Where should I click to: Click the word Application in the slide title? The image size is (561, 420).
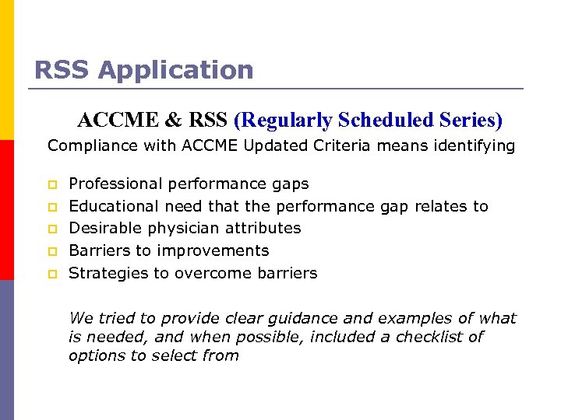point(175,70)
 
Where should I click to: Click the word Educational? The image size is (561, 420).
point(114,206)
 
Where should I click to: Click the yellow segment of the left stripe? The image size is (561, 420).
point(7,70)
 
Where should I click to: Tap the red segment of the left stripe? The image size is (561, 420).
point(7,210)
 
